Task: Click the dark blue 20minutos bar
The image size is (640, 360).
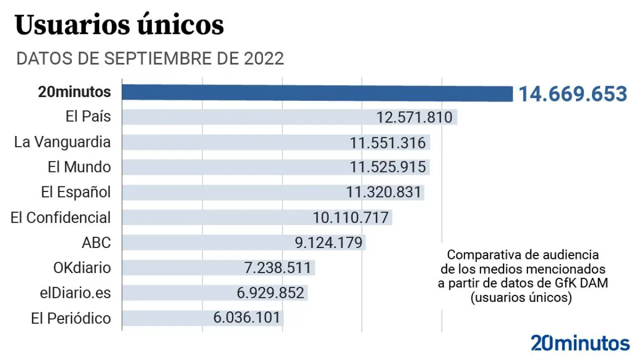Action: [317, 93]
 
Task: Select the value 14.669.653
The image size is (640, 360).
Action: [572, 94]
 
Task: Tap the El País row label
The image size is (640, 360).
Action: [88, 117]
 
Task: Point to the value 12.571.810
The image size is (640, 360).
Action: [414, 117]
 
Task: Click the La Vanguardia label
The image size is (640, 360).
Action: [62, 142]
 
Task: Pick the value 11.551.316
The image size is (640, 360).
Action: [388, 142]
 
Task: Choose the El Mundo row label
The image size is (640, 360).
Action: [79, 167]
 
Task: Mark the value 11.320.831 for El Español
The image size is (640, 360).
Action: [384, 192]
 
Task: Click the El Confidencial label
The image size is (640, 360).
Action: [60, 217]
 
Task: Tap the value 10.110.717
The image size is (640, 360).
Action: [350, 218]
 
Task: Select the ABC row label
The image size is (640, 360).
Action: [96, 242]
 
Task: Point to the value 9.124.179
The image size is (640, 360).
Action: [328, 243]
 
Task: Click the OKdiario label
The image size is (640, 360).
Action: [82, 267]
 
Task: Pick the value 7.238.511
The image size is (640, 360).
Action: [277, 268]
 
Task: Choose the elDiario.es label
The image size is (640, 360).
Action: [75, 292]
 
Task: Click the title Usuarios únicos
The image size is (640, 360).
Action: [119, 25]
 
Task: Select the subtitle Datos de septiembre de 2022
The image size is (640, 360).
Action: [150, 58]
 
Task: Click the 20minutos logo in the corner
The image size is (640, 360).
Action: [580, 343]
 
